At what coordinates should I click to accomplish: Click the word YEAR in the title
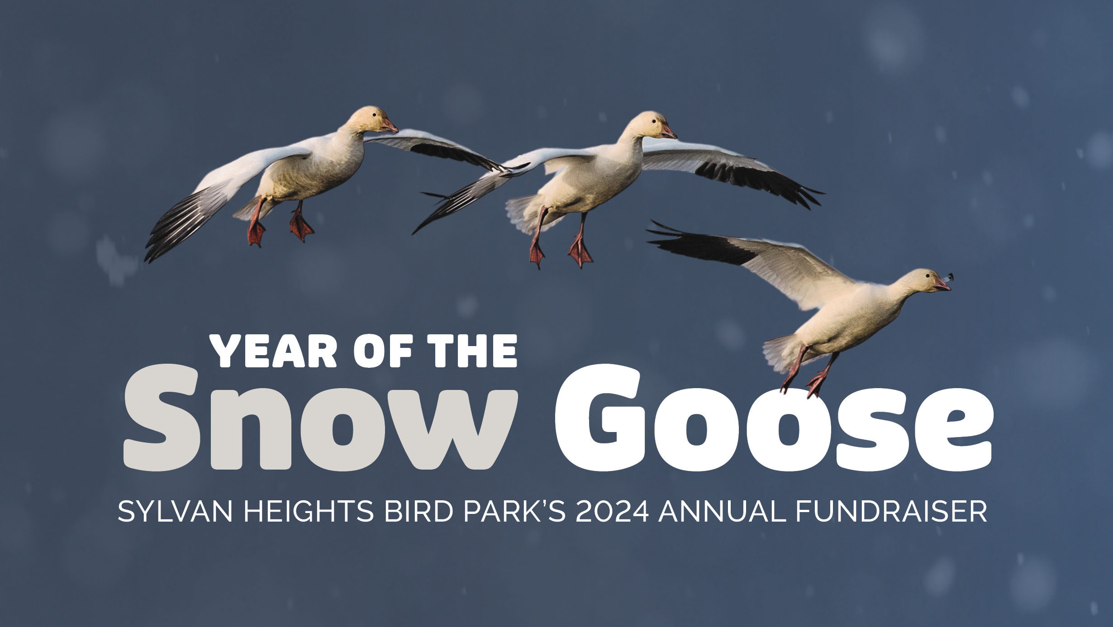pyautogui.click(x=274, y=351)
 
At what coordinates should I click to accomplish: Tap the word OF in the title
pyautogui.click(x=383, y=351)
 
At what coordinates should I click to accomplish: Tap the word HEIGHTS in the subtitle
pyautogui.click(x=309, y=512)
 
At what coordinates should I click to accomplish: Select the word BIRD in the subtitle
pyautogui.click(x=419, y=512)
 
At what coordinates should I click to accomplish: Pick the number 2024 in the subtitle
pyautogui.click(x=613, y=512)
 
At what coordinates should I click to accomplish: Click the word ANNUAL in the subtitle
pyautogui.click(x=722, y=512)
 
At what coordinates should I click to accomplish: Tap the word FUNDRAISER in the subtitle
pyautogui.click(x=891, y=512)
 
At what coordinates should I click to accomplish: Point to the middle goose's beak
pyautogui.click(x=668, y=132)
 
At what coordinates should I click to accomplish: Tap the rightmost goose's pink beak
pyautogui.click(x=942, y=285)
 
